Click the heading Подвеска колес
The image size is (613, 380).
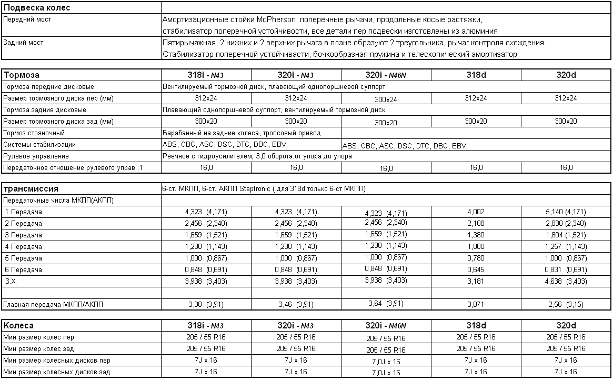coord(37,8)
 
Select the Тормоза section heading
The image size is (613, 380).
coord(22,75)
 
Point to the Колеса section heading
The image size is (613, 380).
coord(18,325)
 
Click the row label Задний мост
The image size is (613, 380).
coord(23,43)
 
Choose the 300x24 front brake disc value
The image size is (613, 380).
coord(386,99)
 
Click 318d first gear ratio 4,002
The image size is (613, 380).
coord(476,212)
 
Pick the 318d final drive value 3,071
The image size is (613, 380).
coord(476,304)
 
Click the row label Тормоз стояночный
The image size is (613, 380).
coord(34,133)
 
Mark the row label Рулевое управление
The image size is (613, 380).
coord(36,156)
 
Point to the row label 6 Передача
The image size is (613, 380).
coord(23,269)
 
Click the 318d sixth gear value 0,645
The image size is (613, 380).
coord(476,269)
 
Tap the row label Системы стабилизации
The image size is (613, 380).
coord(39,145)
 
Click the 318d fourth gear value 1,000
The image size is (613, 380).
coord(476,246)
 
